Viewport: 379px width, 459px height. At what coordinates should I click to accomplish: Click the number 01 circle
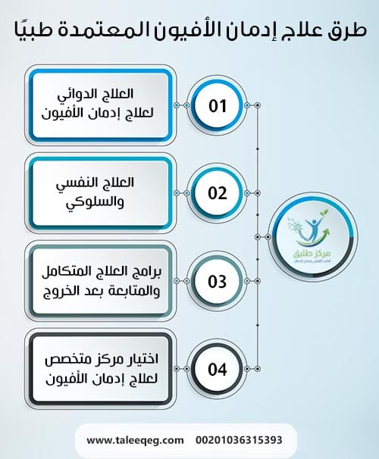point(218,105)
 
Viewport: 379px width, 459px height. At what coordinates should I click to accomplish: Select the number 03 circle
point(218,282)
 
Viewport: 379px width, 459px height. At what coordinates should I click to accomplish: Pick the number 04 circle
point(218,370)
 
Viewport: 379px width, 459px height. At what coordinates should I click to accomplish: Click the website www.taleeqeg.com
point(136,439)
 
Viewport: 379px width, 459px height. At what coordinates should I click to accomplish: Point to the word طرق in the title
point(346,32)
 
